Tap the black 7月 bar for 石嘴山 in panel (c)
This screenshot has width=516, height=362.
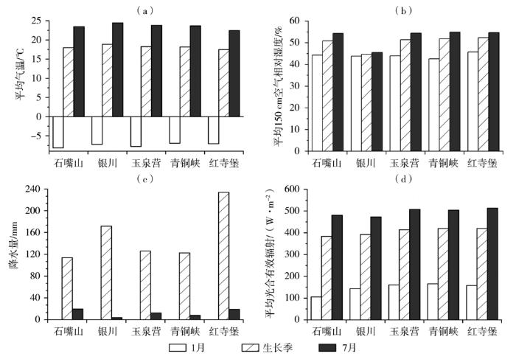[x=78, y=314]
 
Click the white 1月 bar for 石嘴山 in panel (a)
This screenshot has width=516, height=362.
[x=57, y=132]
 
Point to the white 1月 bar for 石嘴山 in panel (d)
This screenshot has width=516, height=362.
[x=315, y=308]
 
